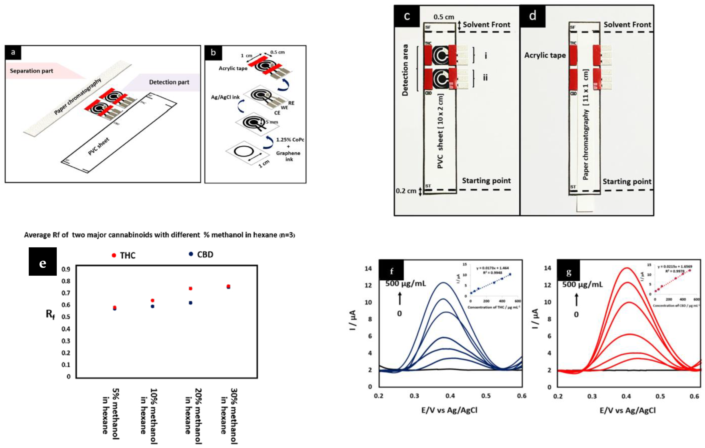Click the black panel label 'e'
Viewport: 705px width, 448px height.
pyautogui.click(x=43, y=262)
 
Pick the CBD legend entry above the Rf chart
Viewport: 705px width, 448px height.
pyautogui.click(x=201, y=255)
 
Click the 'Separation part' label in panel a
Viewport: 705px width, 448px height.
pyautogui.click(x=31, y=71)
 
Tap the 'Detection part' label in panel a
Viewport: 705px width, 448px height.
pyautogui.click(x=169, y=82)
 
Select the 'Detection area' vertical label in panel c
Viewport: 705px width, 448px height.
pyautogui.click(x=405, y=70)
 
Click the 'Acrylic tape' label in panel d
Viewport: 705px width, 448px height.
pyautogui.click(x=545, y=55)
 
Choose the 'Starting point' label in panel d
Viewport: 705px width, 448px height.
pyautogui.click(x=627, y=182)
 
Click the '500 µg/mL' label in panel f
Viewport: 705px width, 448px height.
pyautogui.click(x=406, y=283)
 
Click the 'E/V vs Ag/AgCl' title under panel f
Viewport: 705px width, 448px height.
pyautogui.click(x=449, y=410)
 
